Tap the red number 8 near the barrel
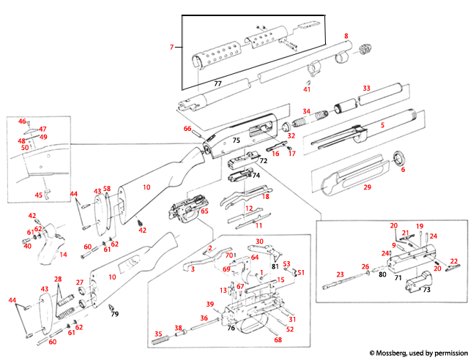[346, 36]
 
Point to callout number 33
[367, 89]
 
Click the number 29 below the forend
[368, 188]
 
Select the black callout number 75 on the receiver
[236, 139]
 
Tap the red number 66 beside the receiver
[187, 129]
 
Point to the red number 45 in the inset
[39, 195]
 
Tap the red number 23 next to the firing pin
[339, 275]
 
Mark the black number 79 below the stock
[115, 314]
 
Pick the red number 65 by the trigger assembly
[204, 211]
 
